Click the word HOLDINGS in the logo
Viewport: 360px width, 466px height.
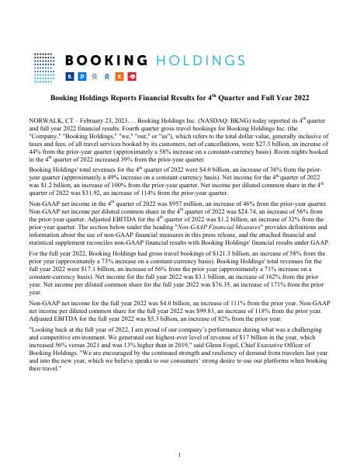(x=196, y=61)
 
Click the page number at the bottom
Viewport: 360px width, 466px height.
(x=180, y=454)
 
